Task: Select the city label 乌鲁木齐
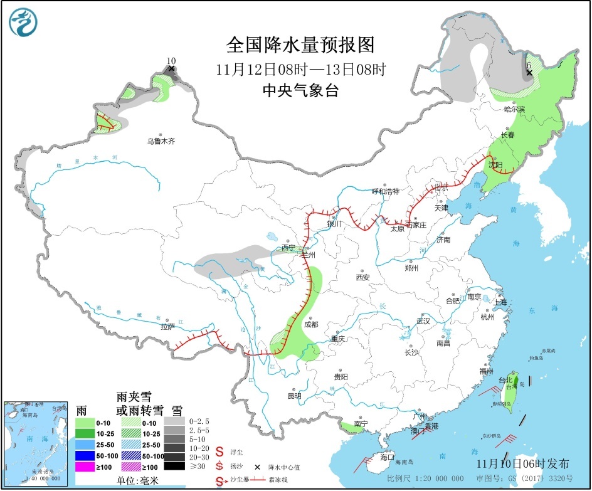tap(161, 142)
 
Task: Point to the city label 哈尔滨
tap(514, 109)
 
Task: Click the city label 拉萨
tap(167, 326)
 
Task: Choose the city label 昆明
tap(294, 396)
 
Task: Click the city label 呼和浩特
tap(385, 191)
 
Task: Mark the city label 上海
tap(500, 302)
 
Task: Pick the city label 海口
tap(387, 457)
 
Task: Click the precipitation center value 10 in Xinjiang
tap(171, 61)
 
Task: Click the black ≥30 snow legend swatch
tap(175, 465)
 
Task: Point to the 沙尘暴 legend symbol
tap(220, 481)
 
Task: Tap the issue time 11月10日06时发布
tap(523, 464)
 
